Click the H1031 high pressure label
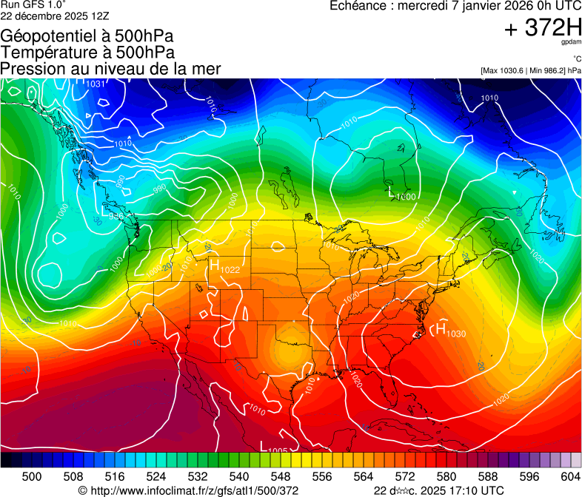(x=90, y=83)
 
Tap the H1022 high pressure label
(x=224, y=268)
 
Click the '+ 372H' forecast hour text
(x=542, y=28)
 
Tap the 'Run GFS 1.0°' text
(x=28, y=4)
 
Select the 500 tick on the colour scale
(x=32, y=476)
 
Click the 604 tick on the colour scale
(x=570, y=476)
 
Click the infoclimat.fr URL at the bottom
(x=194, y=490)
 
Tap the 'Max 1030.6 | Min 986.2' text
(x=529, y=71)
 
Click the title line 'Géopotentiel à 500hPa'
(x=87, y=36)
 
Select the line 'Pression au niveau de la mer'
(x=110, y=69)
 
